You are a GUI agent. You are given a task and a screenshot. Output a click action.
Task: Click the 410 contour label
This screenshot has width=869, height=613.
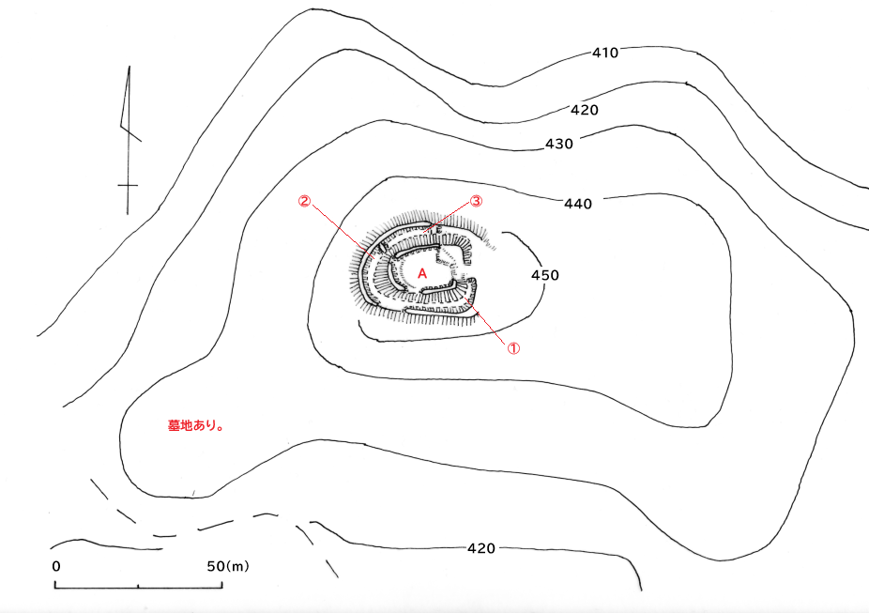(605, 53)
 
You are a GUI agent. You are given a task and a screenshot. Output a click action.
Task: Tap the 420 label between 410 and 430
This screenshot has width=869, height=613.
(584, 110)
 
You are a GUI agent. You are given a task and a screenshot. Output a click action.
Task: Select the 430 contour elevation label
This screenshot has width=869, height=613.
(559, 144)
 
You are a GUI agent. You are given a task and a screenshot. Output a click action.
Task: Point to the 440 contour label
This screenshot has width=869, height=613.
(578, 203)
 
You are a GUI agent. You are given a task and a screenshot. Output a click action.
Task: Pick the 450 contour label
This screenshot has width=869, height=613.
(545, 275)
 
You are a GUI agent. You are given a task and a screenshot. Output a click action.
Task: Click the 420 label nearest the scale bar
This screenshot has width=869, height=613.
(481, 547)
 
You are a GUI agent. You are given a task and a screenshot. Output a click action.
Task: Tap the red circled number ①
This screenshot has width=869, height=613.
(513, 346)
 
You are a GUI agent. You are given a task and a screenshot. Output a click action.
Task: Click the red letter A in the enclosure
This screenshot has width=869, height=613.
(422, 271)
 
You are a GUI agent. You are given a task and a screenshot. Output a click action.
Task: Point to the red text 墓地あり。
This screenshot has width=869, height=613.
(193, 425)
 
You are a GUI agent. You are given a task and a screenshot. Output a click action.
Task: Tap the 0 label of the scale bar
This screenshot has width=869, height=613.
(56, 567)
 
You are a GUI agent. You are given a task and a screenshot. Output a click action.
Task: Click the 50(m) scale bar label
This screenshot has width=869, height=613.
(226, 567)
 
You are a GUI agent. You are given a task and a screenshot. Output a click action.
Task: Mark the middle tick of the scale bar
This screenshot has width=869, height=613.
(138, 586)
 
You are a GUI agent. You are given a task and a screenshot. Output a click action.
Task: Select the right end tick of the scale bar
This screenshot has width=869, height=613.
(221, 585)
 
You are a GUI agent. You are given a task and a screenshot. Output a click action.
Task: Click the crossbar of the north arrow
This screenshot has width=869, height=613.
(128, 186)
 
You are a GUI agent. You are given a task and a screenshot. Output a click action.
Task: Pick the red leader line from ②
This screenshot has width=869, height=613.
(336, 229)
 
